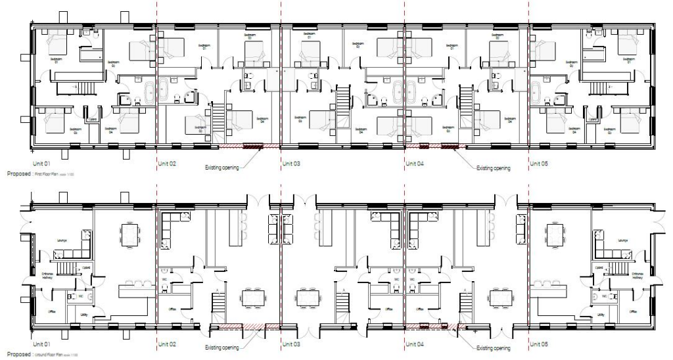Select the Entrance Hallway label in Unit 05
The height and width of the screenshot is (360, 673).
635,274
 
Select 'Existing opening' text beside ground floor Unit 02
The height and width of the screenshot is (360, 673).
220,348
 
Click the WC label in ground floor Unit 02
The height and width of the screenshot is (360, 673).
164,279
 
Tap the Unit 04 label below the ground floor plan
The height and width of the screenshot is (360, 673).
416,344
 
